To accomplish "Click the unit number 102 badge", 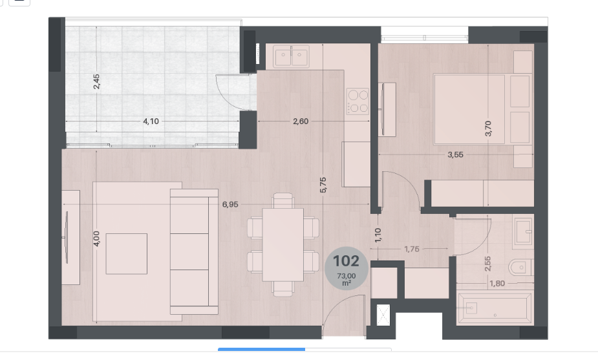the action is (x=347, y=268).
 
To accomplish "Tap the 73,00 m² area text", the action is (x=347, y=279).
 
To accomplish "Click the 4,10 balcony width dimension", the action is (x=151, y=122).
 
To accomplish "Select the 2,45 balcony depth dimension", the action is (x=96, y=81).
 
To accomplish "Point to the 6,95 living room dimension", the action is (x=230, y=204).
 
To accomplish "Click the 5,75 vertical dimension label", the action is (x=323, y=185).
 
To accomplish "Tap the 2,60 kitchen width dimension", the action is (x=301, y=122).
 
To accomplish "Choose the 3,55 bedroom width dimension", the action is (x=455, y=154).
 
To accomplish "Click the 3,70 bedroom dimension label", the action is (x=488, y=128).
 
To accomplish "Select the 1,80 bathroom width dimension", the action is (x=497, y=283).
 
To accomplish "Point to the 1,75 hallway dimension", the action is (x=412, y=249).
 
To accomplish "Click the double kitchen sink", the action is (x=292, y=56).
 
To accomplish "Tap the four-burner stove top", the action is (x=358, y=101).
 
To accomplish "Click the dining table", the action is (x=283, y=244).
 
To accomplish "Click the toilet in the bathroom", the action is (x=520, y=268).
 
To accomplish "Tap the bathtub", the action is (x=495, y=308).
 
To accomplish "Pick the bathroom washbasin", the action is (x=523, y=231).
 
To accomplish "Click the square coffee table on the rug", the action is (x=127, y=253).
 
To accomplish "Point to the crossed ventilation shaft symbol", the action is (x=383, y=315).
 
